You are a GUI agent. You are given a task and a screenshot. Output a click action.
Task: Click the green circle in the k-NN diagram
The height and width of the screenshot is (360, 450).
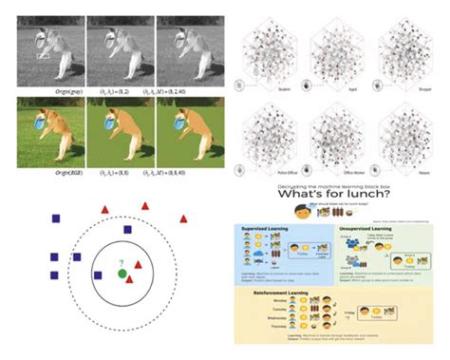point(122,275)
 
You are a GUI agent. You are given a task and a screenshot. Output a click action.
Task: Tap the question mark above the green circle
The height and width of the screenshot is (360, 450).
point(122,262)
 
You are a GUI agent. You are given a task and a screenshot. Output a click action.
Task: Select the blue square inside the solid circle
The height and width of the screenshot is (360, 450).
point(98,275)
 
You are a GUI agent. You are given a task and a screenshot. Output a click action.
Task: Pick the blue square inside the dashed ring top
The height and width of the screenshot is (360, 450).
point(127,229)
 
